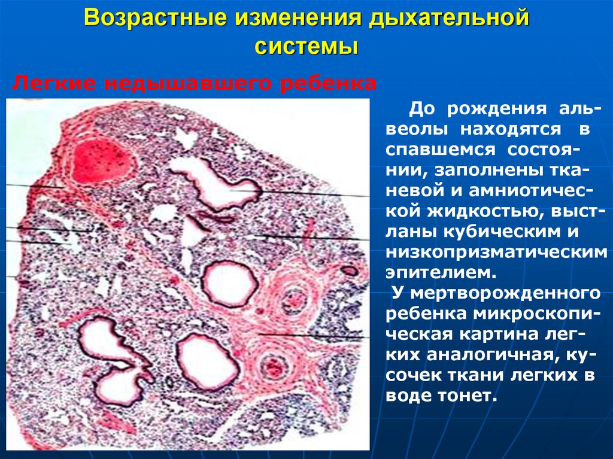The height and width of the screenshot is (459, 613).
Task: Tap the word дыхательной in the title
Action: [x=449, y=17]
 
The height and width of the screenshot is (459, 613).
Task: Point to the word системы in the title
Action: [x=306, y=45]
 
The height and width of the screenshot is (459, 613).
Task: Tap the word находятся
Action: [x=511, y=128]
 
